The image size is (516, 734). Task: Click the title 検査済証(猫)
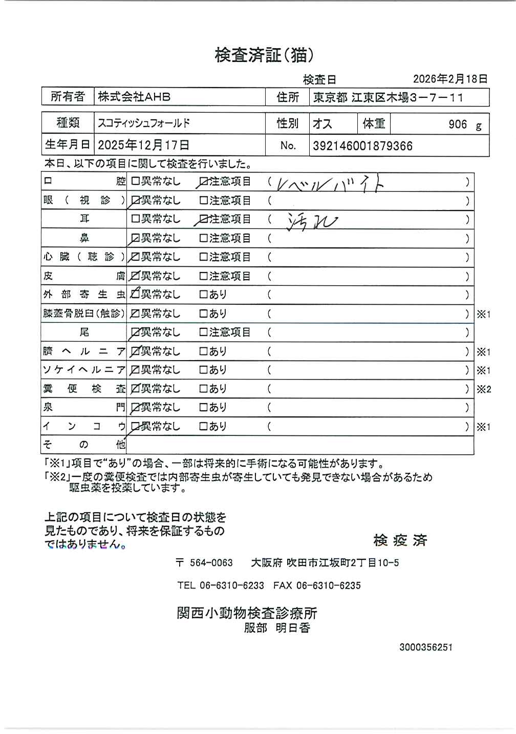(264, 55)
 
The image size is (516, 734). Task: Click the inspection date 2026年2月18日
(450, 79)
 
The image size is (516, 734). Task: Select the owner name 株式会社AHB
(134, 97)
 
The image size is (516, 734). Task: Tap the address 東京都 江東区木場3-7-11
(389, 97)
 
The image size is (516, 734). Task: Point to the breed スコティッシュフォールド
(144, 123)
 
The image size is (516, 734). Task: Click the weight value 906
(458, 124)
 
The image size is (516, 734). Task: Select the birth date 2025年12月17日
(143, 145)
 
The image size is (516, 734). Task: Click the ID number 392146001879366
(362, 146)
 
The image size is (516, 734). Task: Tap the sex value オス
(322, 124)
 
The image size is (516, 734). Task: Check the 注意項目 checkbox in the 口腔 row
(203, 182)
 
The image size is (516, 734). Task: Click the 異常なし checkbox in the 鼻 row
(136, 238)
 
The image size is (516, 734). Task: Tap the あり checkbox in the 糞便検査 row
(203, 389)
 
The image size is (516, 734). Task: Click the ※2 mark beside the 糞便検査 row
(484, 389)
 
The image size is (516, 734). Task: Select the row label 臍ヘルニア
(84, 351)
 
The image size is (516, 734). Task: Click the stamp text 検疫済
(400, 540)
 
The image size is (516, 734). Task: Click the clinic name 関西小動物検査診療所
(247, 613)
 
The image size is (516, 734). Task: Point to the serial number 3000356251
(425, 647)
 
